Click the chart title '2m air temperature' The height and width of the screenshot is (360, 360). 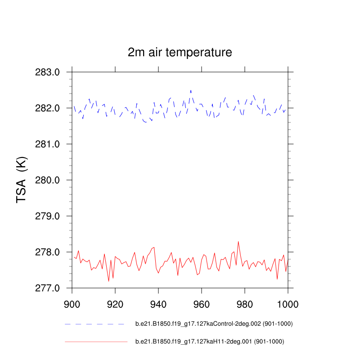coord(180,53)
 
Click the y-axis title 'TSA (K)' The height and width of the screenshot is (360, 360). coord(22,180)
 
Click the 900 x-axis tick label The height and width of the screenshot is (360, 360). coord(72,303)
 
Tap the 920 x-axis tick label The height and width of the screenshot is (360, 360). coord(115,303)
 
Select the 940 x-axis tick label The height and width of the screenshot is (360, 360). coord(158,303)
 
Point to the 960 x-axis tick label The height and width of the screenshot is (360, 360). coord(202,303)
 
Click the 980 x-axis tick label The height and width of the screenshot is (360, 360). coord(245,303)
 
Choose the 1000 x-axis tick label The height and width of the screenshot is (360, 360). coord(287,303)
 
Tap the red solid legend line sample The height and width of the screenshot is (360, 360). coord(96,342)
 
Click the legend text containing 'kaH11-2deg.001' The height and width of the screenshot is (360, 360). coord(210,342)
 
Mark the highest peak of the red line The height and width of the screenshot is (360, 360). coord(238,242)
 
